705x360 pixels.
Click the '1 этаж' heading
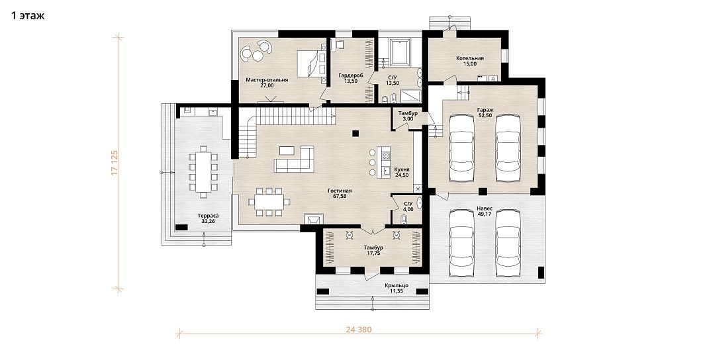(x=28, y=16)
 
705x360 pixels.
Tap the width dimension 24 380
(x=359, y=330)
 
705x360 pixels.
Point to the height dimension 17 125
(x=115, y=163)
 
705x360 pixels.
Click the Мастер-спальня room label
(x=267, y=80)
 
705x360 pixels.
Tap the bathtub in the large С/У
(x=399, y=52)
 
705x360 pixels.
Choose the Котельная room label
(x=470, y=58)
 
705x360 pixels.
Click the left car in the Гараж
(x=462, y=143)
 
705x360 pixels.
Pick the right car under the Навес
(x=508, y=243)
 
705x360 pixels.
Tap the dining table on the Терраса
(x=203, y=171)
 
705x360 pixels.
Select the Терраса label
(x=208, y=215)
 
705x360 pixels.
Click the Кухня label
(x=402, y=169)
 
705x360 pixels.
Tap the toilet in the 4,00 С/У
(x=403, y=219)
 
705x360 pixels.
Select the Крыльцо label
(x=396, y=286)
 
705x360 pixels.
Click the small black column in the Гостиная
(x=355, y=133)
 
